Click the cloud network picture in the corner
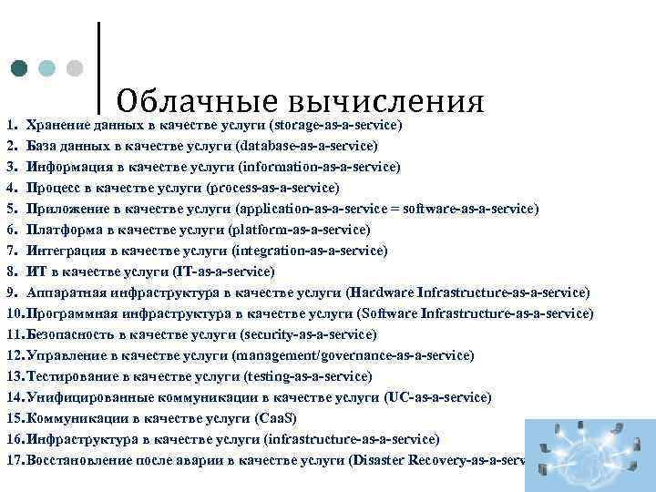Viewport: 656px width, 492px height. [x=589, y=456]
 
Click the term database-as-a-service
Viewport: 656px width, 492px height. [x=306, y=146]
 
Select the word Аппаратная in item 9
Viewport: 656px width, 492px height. [x=66, y=292]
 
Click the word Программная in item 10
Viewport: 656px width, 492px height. [x=71, y=313]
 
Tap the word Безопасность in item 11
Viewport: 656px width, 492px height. [x=72, y=334]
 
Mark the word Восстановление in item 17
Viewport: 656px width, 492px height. [x=80, y=460]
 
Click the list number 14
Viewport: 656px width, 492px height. [x=15, y=397]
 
